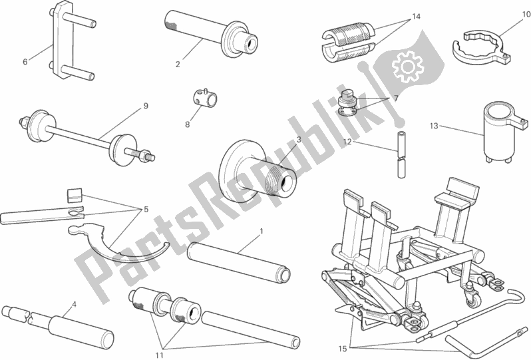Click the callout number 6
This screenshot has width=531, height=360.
click(25, 62)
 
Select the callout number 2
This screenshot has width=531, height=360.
click(178, 64)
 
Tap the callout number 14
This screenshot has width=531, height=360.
click(416, 16)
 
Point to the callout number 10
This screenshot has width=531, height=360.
click(526, 14)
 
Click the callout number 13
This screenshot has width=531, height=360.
click(434, 126)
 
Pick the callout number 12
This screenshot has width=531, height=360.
click(347, 142)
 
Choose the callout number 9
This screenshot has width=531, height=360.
click(146, 106)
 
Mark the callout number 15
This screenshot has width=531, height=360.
click(343, 349)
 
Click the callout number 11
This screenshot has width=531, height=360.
click(160, 355)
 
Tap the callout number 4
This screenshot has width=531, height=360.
click(74, 305)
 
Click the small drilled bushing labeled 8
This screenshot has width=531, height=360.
click(205, 98)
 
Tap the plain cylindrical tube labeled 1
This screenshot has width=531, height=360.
click(239, 263)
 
